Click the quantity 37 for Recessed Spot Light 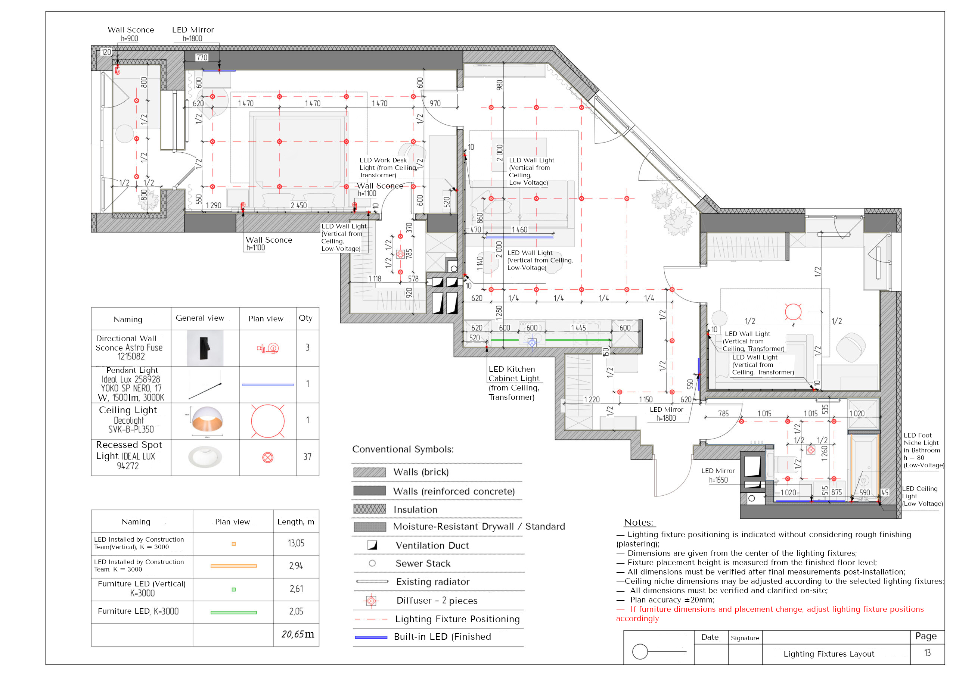coord(307,457)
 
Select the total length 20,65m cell coord(297,634)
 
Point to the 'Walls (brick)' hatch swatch coord(369,472)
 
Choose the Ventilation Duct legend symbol coord(372,545)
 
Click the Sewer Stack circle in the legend coord(372,563)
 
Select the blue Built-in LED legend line coord(371,637)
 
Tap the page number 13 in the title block coord(927,653)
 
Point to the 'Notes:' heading coord(638,523)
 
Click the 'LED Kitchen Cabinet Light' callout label coord(513,374)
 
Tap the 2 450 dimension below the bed coord(298,206)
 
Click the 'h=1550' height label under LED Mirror coord(718,480)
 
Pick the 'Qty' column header coord(305,318)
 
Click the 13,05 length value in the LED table coord(296,543)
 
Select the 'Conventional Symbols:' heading coord(403,449)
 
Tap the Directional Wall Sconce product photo coord(205,348)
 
